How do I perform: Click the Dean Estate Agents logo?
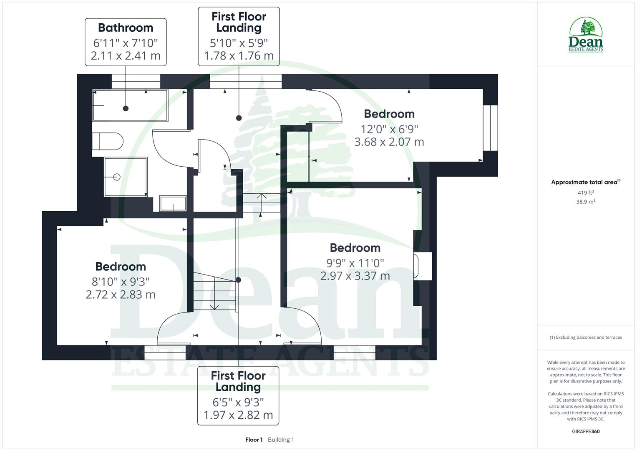click(586, 35)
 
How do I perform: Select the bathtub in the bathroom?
click(130, 105)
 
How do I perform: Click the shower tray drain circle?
click(117, 177)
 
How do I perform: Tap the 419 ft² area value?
click(586, 192)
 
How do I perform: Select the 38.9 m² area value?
click(586, 202)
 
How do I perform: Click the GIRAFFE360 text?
click(586, 431)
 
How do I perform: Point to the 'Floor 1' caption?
click(254, 440)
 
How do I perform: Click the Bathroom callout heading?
click(126, 28)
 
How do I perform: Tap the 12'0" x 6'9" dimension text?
click(389, 129)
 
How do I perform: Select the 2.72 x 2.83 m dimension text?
click(121, 295)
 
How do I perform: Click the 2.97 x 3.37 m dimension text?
click(355, 276)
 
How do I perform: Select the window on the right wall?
click(491, 127)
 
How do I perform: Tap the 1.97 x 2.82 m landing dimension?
click(238, 415)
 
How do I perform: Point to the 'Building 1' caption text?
click(281, 440)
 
